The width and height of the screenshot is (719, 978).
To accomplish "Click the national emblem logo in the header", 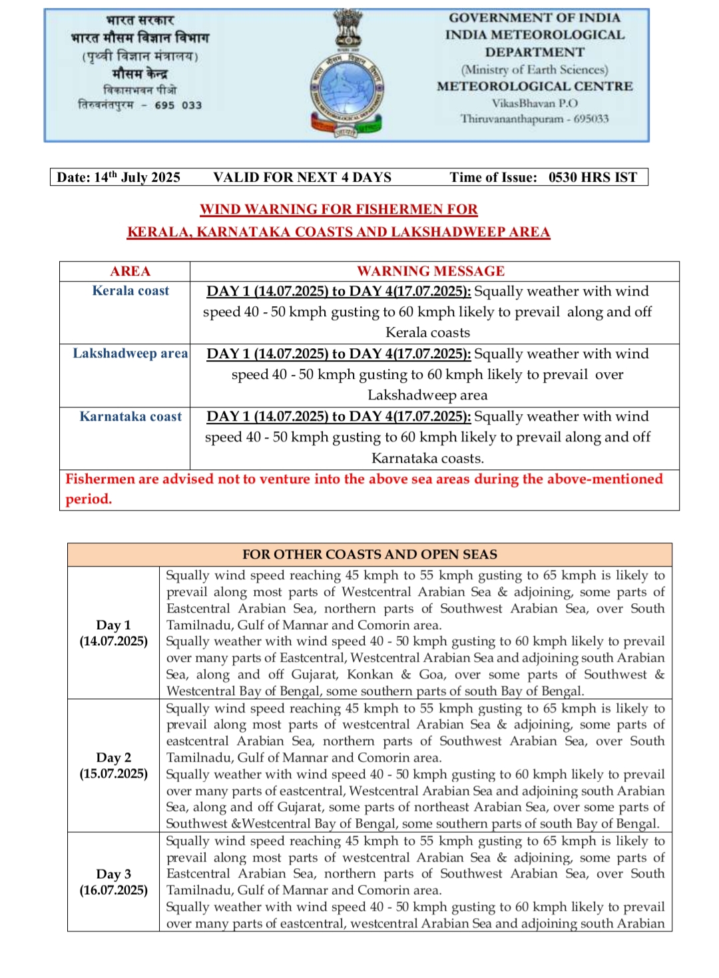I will click(347, 73).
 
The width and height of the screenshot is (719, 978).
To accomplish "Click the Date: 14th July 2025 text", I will click(119, 177).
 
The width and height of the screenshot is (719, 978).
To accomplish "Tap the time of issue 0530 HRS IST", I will click(593, 177).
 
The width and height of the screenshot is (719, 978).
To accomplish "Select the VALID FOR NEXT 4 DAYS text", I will click(302, 177).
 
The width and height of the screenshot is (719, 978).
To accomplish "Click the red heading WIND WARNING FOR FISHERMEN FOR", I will click(339, 209).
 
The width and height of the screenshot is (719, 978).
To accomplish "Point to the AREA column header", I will click(130, 271).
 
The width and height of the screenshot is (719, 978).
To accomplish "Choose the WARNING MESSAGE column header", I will click(431, 271).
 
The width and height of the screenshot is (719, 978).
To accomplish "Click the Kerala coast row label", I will click(130, 291).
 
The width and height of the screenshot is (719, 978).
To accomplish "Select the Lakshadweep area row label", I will click(130, 354).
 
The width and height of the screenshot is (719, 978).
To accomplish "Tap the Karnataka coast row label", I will click(130, 417).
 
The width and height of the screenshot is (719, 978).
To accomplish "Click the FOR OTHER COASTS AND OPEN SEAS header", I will click(369, 555).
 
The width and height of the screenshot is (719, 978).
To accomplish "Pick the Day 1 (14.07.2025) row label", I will click(114, 633).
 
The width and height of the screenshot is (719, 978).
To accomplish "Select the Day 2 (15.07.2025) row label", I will click(114, 766).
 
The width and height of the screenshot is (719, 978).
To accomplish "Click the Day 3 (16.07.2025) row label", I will click(114, 882).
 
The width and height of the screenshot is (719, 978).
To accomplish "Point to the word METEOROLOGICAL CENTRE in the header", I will click(535, 87).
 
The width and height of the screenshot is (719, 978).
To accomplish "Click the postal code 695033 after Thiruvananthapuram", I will click(591, 119).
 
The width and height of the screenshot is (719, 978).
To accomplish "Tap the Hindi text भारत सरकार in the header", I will click(140, 20).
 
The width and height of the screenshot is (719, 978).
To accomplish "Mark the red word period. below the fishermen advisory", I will click(89, 499).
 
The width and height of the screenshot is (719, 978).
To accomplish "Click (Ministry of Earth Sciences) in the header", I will click(535, 70).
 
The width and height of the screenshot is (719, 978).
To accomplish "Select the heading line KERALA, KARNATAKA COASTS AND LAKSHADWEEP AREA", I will click(339, 232).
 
